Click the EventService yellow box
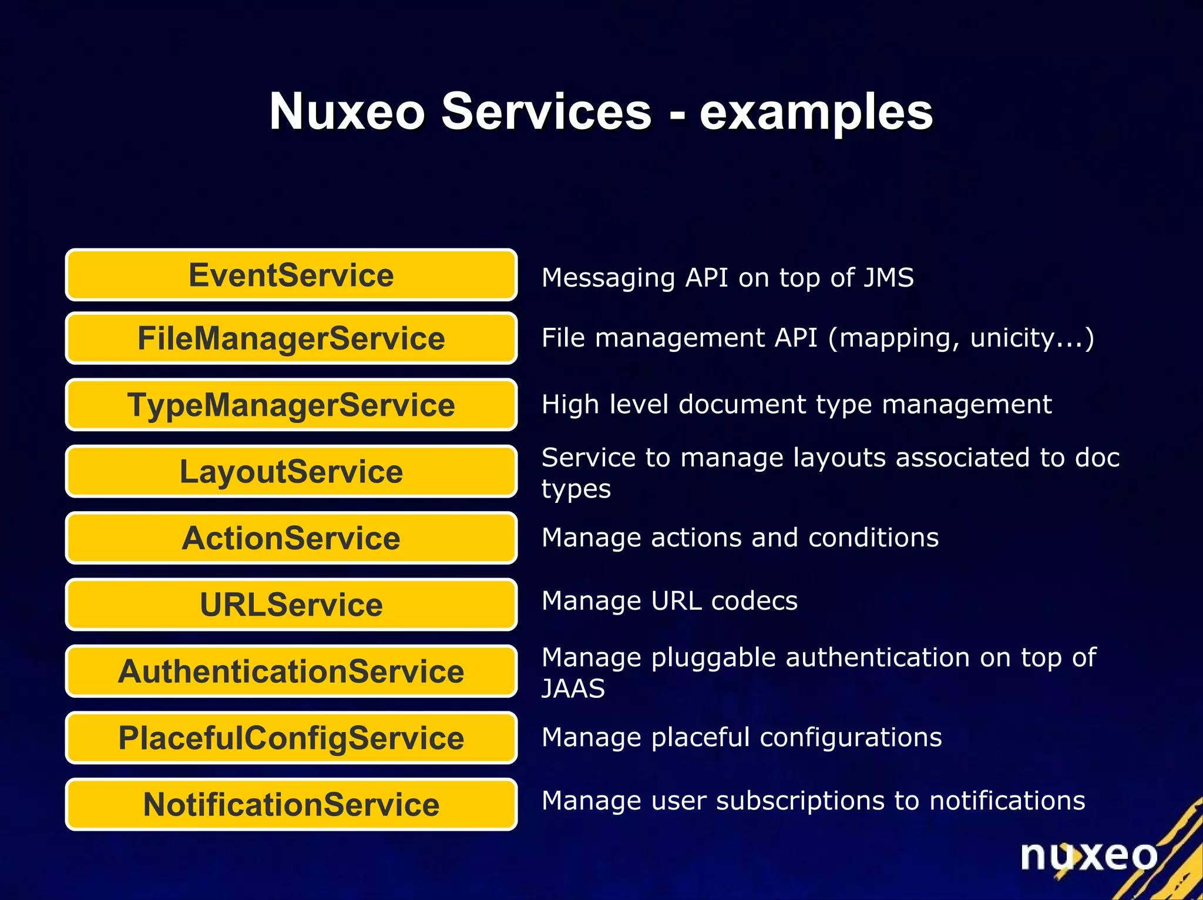(291, 275)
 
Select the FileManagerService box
(291, 338)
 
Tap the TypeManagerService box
(291, 405)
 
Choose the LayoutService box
(291, 471)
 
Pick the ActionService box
(291, 538)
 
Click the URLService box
(291, 605)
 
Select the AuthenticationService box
(291, 671)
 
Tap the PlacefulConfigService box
(291, 738)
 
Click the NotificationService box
(291, 804)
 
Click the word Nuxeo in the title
(347, 112)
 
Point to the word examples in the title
(816, 113)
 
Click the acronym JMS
(888, 277)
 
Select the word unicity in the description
(1019, 338)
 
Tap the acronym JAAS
(573, 689)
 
